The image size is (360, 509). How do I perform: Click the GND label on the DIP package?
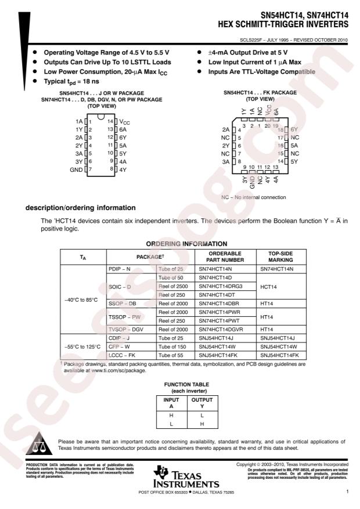[76, 169]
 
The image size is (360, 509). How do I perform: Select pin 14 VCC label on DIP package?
[125, 122]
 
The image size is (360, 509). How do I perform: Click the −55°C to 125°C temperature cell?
[82, 347]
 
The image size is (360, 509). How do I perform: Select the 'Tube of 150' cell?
[172, 347]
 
